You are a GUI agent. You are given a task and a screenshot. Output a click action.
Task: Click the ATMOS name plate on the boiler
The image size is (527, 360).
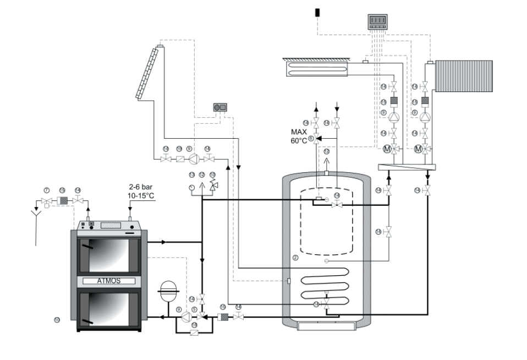pos(108,281)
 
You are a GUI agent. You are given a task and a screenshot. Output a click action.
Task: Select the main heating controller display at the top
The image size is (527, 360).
pos(377,21)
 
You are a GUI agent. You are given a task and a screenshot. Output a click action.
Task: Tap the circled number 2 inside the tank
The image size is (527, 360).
pos(295,258)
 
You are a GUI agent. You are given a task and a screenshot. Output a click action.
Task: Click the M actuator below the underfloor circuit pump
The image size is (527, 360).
pos(387,149)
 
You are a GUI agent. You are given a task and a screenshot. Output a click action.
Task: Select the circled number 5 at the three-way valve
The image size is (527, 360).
pos(194,310)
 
